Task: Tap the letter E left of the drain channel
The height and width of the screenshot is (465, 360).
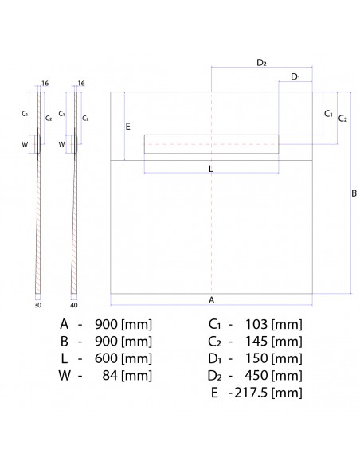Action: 128,127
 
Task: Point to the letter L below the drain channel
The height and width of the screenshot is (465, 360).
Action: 210,168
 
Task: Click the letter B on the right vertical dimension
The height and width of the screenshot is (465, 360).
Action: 354,193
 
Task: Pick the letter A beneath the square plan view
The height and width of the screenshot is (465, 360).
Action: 211,300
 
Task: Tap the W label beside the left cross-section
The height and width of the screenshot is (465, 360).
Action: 25,144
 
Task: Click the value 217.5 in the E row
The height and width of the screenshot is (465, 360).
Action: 250,393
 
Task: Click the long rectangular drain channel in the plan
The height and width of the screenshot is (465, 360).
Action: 211,143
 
